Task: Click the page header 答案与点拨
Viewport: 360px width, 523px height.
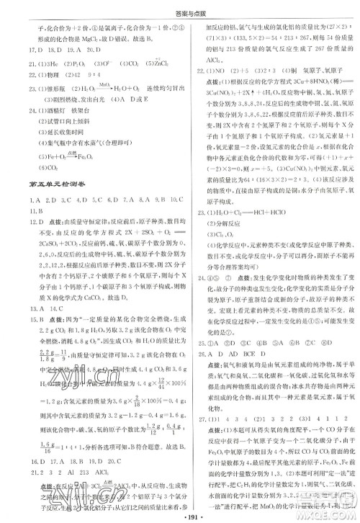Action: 180,9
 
